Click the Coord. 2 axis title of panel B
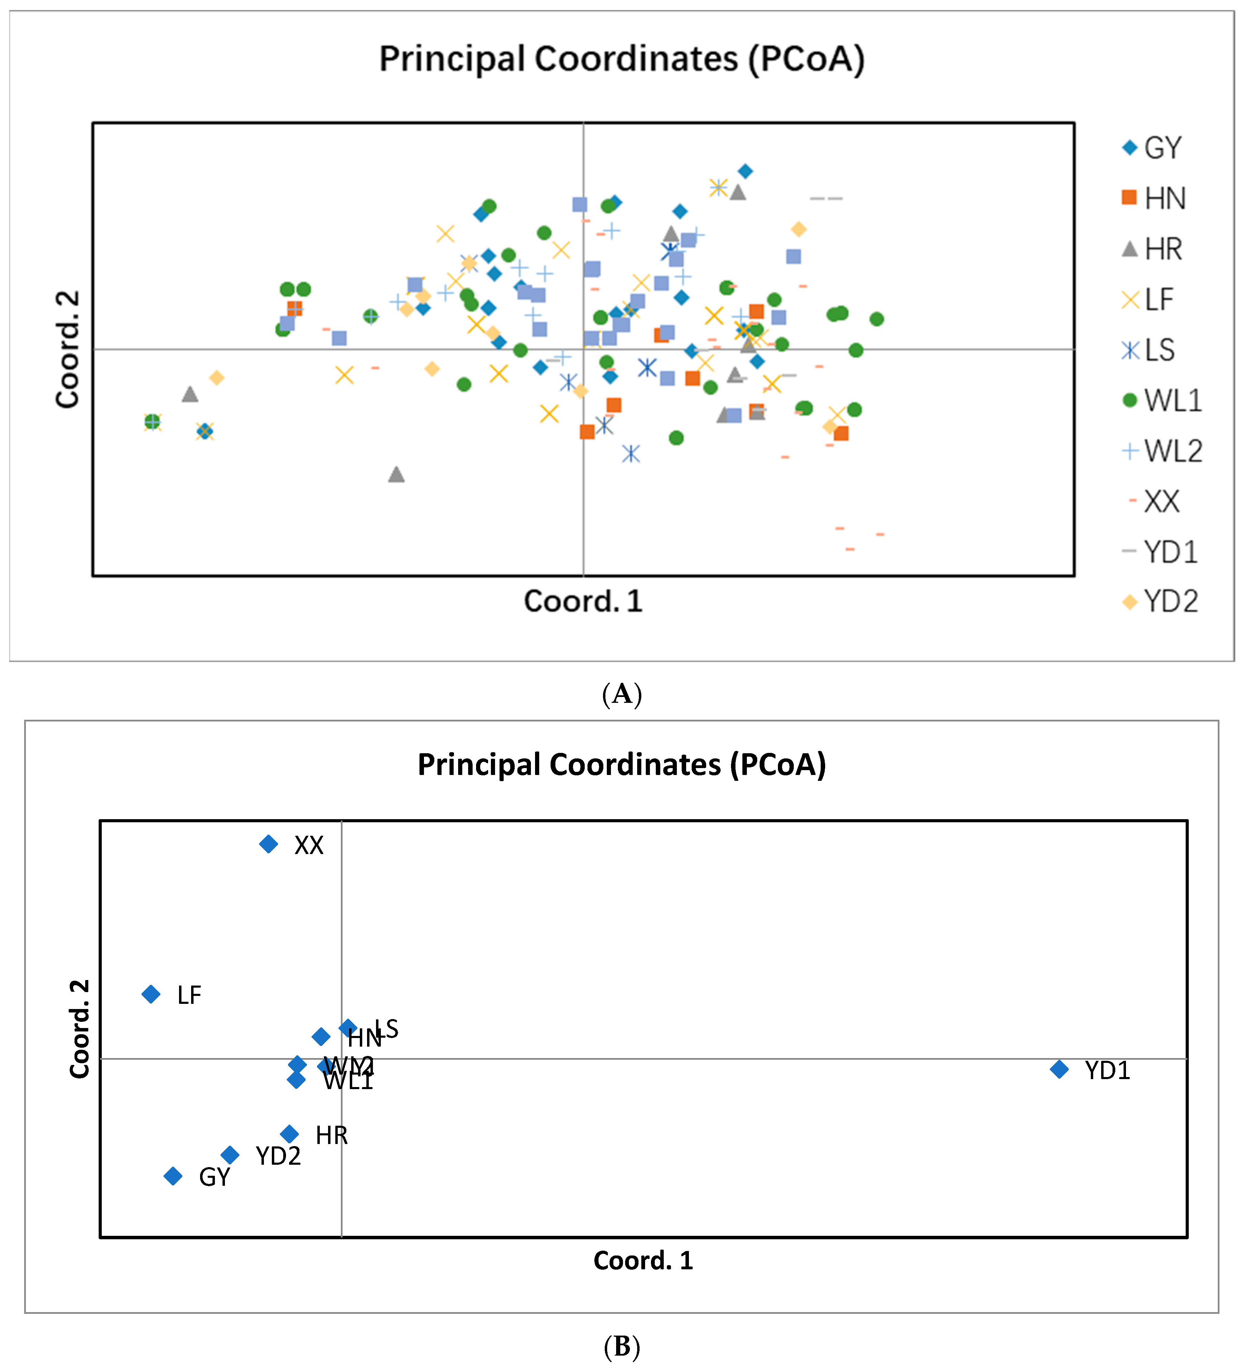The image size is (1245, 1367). (80, 1029)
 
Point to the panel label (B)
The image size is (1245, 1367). (622, 1347)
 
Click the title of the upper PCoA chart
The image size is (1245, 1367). (622, 59)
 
